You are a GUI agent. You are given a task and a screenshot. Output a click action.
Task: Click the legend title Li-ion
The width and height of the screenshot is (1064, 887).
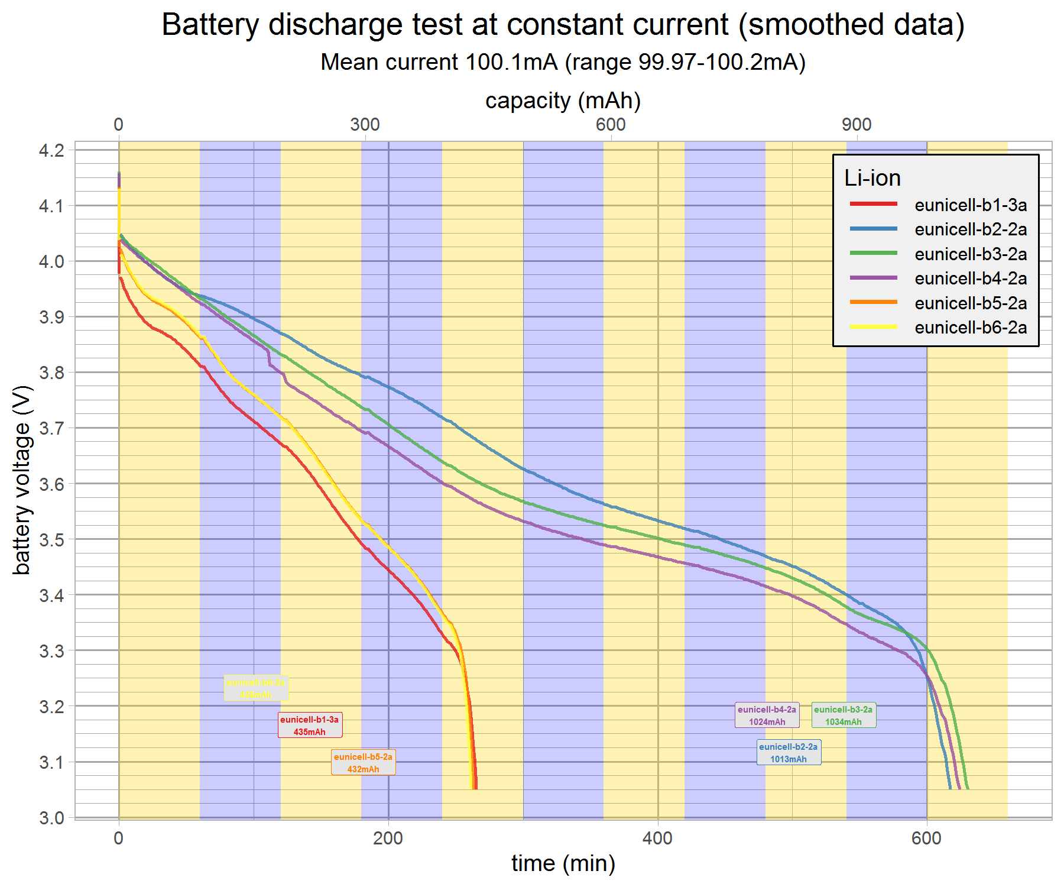pyautogui.click(x=872, y=178)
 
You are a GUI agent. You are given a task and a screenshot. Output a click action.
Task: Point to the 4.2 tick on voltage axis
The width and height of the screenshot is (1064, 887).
pyautogui.click(x=51, y=151)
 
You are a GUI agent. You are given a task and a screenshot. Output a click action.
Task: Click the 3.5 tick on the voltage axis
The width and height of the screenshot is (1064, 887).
pyautogui.click(x=51, y=540)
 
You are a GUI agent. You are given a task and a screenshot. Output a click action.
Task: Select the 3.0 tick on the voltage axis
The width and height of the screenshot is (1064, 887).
pyautogui.click(x=51, y=818)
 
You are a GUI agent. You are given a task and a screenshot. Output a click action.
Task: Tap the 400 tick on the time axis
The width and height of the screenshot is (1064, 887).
pyautogui.click(x=658, y=839)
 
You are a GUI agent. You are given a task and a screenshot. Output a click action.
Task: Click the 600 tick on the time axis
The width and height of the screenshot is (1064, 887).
pyautogui.click(x=927, y=839)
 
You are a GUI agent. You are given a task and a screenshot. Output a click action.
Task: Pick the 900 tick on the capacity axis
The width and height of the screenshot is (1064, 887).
pyautogui.click(x=857, y=125)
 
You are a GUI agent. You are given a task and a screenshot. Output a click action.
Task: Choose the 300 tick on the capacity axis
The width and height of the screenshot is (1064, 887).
pyautogui.click(x=365, y=125)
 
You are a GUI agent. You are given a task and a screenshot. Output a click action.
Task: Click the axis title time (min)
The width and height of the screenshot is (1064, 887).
pyautogui.click(x=563, y=864)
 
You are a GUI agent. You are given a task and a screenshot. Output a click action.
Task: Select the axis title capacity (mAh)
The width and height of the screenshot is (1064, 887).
pyautogui.click(x=563, y=101)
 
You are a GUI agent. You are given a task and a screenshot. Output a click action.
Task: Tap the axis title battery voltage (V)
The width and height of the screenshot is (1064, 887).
pyautogui.click(x=22, y=480)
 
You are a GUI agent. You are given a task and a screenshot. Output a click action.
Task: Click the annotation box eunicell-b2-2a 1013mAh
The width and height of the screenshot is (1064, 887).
pyautogui.click(x=789, y=753)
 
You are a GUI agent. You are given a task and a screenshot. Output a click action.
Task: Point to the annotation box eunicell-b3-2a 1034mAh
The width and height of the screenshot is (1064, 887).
pyautogui.click(x=844, y=716)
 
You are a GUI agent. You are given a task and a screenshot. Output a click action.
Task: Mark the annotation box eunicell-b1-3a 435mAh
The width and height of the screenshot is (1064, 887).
pyautogui.click(x=310, y=726)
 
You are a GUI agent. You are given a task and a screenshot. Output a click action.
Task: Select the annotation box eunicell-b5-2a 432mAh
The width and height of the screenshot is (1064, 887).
pyautogui.click(x=363, y=763)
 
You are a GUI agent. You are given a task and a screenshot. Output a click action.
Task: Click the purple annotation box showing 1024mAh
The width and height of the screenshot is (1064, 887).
pyautogui.click(x=767, y=716)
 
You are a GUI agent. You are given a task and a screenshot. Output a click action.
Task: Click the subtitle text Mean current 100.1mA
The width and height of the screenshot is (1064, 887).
pyautogui.click(x=563, y=62)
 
